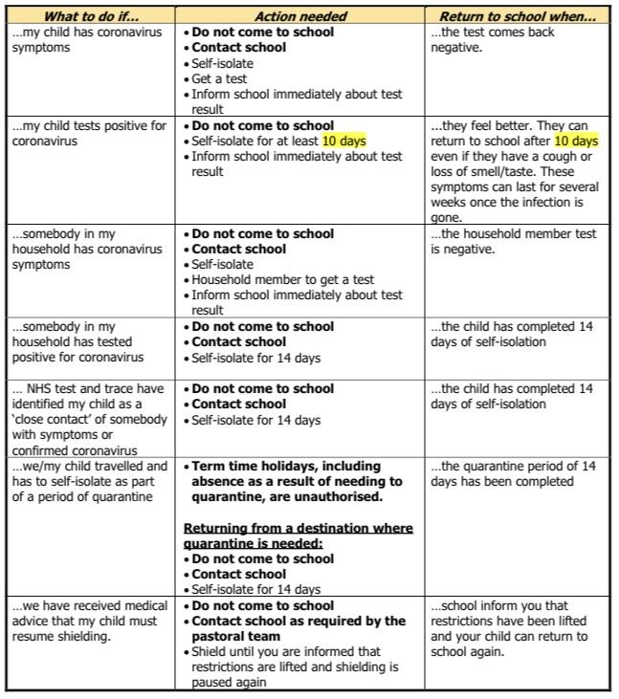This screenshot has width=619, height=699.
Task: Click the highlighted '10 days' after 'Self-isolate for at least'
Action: click(x=343, y=141)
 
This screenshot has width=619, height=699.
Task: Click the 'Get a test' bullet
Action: click(x=220, y=78)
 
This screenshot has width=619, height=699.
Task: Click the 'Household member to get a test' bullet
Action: click(x=282, y=280)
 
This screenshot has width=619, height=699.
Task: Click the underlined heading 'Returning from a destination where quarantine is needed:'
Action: click(x=298, y=535)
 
